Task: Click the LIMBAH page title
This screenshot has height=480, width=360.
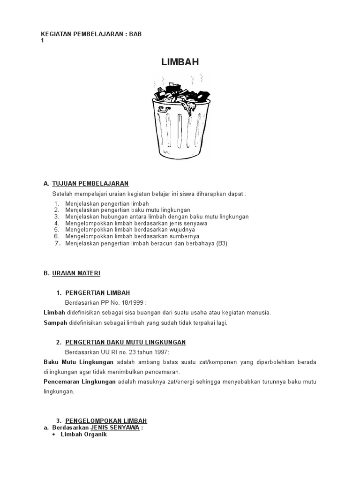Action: click(x=180, y=62)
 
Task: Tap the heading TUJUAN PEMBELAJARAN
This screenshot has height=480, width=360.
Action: click(x=90, y=183)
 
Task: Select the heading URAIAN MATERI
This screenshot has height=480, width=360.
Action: click(x=76, y=273)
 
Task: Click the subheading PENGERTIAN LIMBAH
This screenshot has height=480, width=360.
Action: click(x=97, y=293)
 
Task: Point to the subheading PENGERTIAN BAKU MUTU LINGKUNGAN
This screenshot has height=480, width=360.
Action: click(x=126, y=342)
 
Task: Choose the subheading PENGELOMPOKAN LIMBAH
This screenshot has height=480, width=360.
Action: click(x=106, y=421)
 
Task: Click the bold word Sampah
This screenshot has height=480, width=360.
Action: click(x=55, y=323)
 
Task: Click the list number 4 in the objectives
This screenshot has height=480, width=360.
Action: click(x=57, y=224)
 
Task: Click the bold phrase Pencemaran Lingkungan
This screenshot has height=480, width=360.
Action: click(x=80, y=382)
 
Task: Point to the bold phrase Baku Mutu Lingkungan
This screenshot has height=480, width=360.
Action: click(x=78, y=362)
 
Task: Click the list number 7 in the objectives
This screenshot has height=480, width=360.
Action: click(x=57, y=243)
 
